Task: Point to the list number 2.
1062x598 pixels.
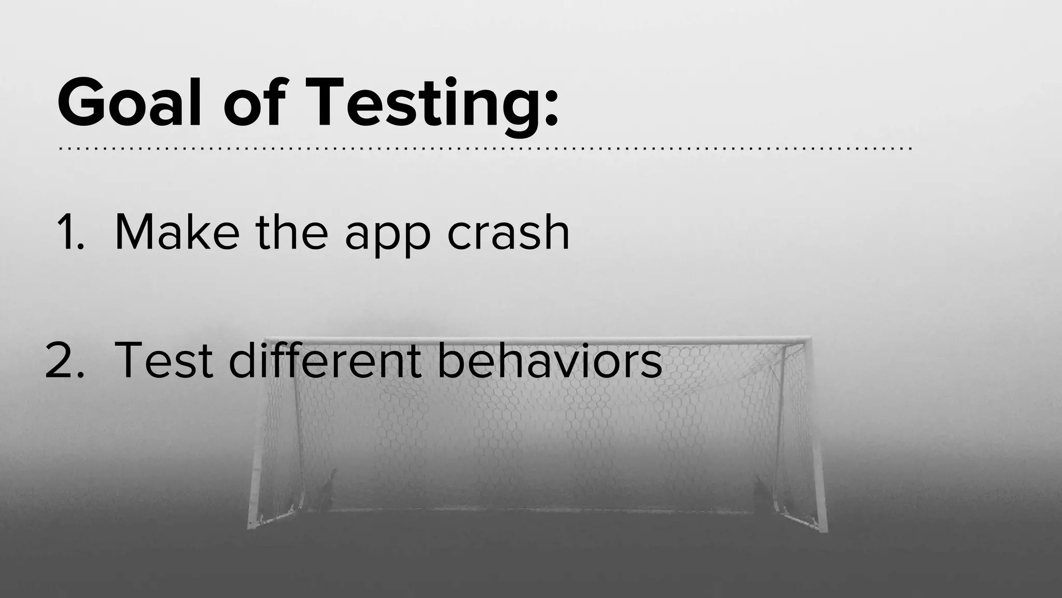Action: pos(64,360)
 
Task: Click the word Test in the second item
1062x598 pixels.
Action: pos(164,360)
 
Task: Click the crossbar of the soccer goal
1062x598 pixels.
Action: pos(539,340)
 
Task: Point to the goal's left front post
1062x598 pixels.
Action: pos(257,441)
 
